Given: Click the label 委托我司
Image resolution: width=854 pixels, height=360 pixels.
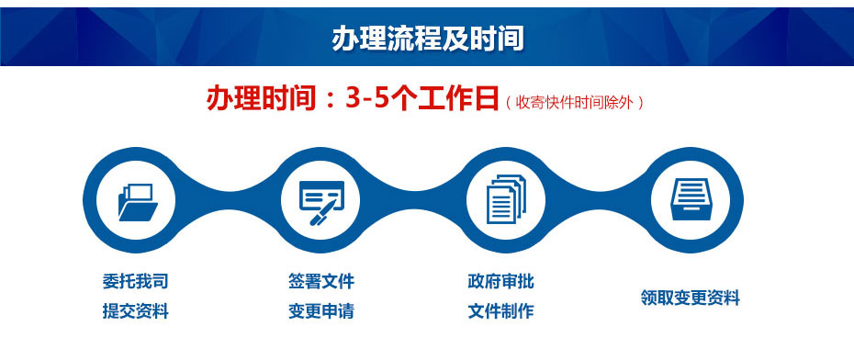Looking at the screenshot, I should click(x=136, y=281).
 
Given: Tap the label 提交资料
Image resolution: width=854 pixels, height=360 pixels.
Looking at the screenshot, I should click(x=136, y=311).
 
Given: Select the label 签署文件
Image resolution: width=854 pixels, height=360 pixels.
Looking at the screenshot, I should click(x=320, y=281).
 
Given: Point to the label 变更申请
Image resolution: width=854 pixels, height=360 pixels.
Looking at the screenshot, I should click(x=320, y=311).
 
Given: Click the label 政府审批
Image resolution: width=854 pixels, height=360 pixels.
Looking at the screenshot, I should click(x=500, y=281).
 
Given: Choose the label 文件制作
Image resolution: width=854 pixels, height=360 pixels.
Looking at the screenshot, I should click(x=500, y=311).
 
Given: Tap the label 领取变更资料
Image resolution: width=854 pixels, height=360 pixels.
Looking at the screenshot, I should click(x=690, y=298).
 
